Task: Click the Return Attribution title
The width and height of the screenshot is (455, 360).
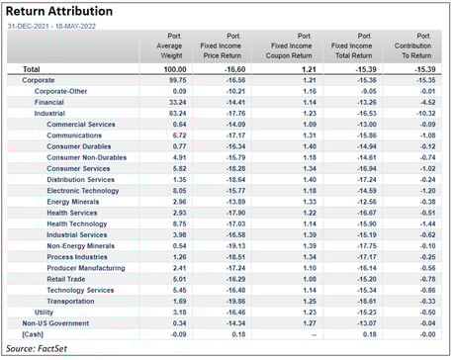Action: tap(58, 11)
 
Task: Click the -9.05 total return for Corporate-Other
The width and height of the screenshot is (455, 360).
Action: tap(365, 91)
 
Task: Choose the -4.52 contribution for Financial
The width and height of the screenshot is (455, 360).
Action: tap(425, 101)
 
